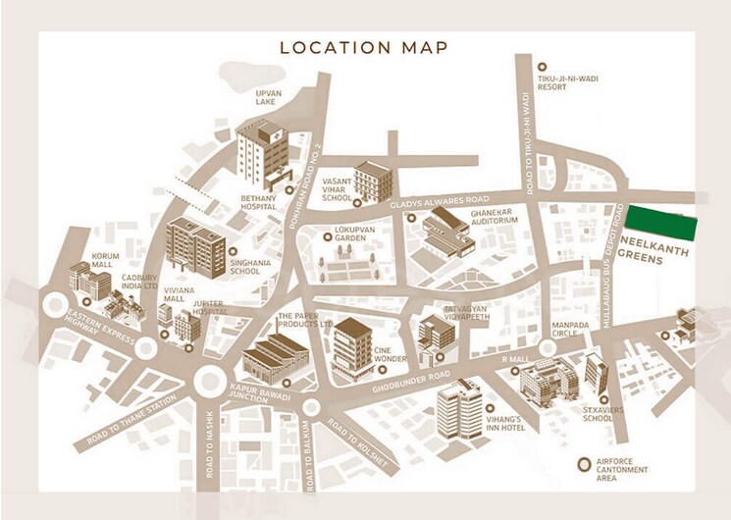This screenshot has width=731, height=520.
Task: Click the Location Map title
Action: pyautogui.click(x=364, y=47)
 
